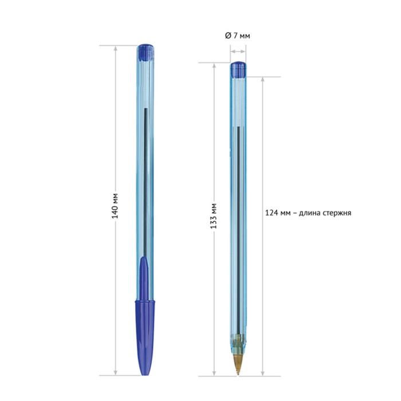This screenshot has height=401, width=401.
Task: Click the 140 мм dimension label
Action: click(x=115, y=206)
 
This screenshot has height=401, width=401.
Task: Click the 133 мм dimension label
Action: click(x=214, y=216)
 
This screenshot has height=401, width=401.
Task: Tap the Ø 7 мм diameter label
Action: click(x=237, y=36)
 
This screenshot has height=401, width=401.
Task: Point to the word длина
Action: click(x=309, y=213)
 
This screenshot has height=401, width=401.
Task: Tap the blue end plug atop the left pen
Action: click(x=146, y=53)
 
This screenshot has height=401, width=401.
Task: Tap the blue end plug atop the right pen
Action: click(x=238, y=69)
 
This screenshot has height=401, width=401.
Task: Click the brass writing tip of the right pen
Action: click(x=238, y=364)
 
